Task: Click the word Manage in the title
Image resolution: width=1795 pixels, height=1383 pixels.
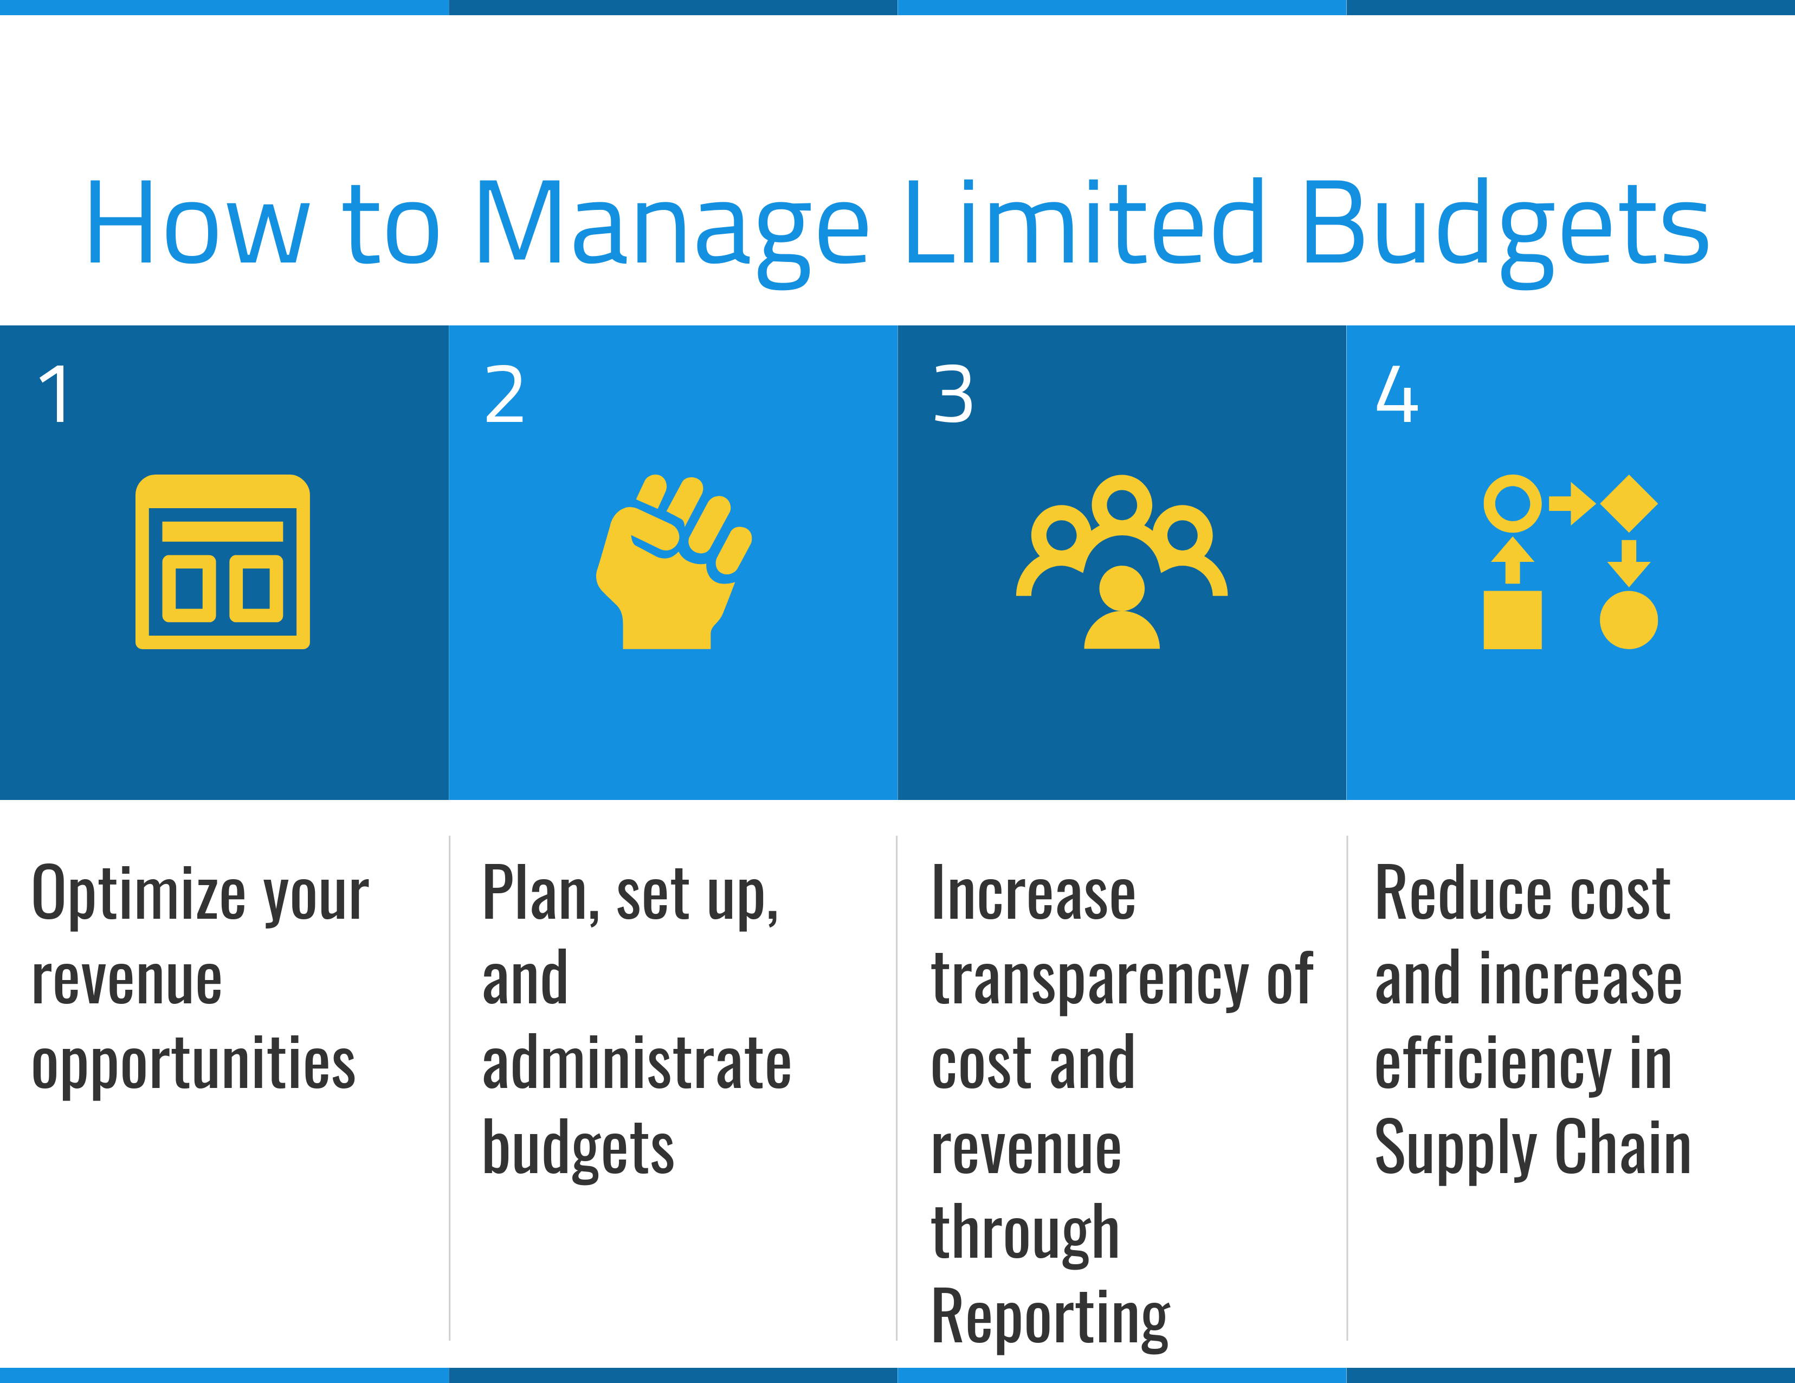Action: (x=671, y=226)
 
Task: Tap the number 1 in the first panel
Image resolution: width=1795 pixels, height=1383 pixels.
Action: (x=55, y=395)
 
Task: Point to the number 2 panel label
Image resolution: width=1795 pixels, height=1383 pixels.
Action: (x=504, y=395)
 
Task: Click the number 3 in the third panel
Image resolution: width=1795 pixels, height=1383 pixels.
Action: (x=953, y=395)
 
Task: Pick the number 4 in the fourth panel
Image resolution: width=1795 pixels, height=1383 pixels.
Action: (x=1397, y=395)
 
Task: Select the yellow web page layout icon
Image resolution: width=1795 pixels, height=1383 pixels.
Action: (x=223, y=561)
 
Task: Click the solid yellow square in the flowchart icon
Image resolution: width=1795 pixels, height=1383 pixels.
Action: (x=1512, y=619)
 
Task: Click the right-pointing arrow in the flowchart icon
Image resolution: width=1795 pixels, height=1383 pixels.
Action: (x=1572, y=503)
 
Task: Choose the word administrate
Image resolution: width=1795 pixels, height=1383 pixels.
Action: (x=636, y=1064)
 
